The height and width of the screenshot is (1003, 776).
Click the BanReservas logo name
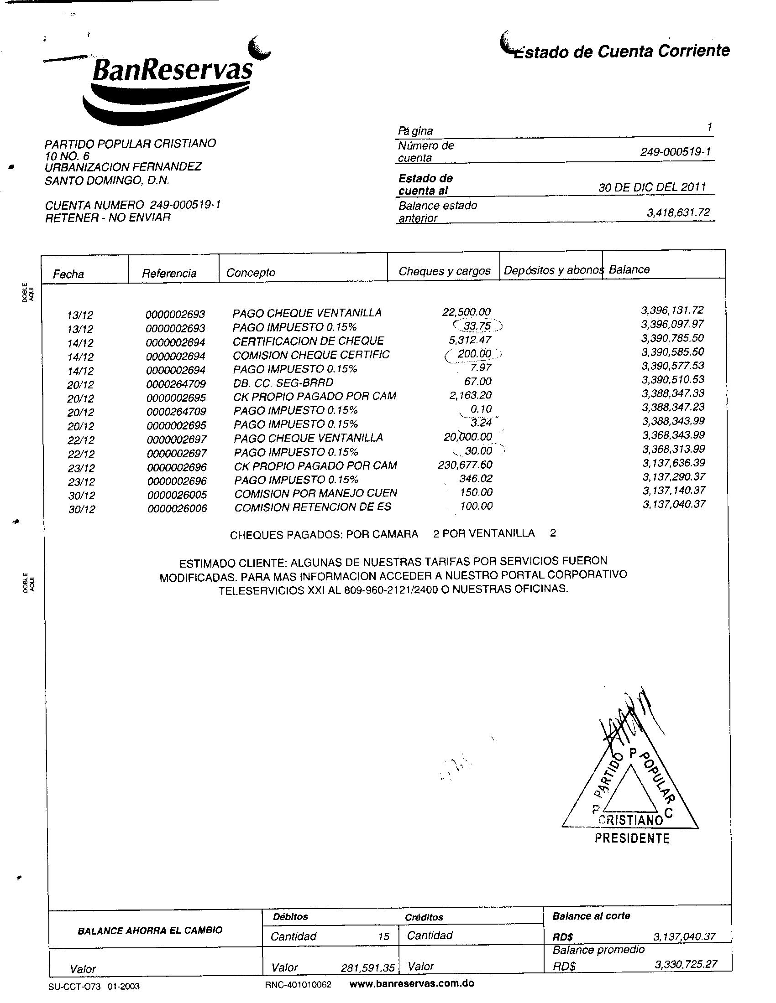[x=173, y=69]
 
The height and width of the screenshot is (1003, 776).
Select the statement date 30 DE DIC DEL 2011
[x=652, y=187]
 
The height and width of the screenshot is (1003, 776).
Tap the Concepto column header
[x=251, y=273]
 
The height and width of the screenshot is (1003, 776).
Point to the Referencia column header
[x=169, y=274]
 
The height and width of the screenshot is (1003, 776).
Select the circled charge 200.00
[x=474, y=354]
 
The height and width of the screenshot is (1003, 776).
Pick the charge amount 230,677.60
[x=465, y=465]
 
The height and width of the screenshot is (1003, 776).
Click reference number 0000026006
[x=177, y=508]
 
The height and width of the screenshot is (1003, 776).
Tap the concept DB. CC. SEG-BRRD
[x=283, y=383]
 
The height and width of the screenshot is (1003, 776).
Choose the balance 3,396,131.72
[x=672, y=310]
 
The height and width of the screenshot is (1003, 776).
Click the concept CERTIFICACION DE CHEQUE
[x=308, y=341]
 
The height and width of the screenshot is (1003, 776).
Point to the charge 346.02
[x=476, y=479]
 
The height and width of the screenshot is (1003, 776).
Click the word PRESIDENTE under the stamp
[x=632, y=838]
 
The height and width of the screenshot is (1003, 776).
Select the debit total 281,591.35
[x=367, y=968]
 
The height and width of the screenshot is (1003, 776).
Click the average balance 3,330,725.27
[x=686, y=964]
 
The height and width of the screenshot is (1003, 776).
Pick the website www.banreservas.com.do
[x=412, y=983]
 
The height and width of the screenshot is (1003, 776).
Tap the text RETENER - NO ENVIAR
[x=108, y=217]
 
